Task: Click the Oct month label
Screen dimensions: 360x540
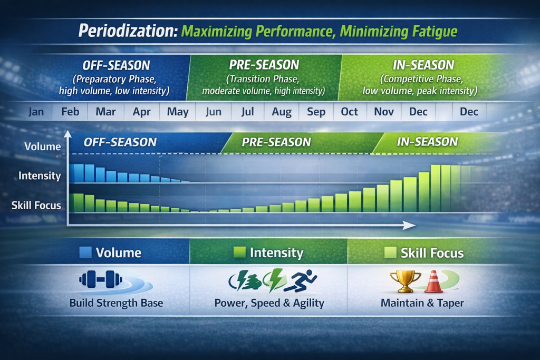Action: point(349,112)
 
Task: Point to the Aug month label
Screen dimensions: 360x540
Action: point(282,112)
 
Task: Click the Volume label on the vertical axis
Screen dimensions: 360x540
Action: point(43,147)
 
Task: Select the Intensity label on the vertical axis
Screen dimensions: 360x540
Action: point(40,176)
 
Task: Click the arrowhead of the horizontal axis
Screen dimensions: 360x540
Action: point(409,225)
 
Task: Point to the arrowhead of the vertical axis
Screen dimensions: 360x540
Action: point(67,135)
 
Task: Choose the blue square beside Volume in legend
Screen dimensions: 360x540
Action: point(85,252)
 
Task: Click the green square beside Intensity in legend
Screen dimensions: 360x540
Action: point(239,253)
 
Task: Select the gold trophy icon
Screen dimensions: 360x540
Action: point(405,281)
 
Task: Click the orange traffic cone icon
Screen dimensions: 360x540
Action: point(433,281)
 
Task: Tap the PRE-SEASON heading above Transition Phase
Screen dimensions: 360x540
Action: point(264,65)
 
